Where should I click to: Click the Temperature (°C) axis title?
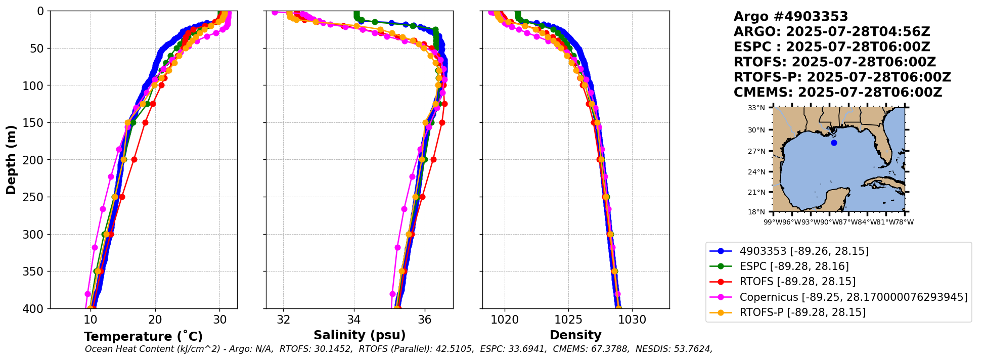click(x=143, y=337)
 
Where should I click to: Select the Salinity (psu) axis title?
click(x=360, y=335)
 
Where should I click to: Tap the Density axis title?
click(x=575, y=335)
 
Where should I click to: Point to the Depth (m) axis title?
click(x=11, y=159)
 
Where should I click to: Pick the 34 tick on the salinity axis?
click(x=354, y=320)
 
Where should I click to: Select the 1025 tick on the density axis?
click(x=568, y=320)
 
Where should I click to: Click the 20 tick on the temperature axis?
click(x=155, y=320)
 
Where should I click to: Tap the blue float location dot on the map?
click(x=834, y=143)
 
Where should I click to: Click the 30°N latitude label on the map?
click(x=756, y=130)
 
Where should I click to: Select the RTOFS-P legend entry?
click(x=802, y=312)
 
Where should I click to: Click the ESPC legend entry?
click(x=794, y=266)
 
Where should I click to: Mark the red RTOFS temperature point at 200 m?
click(x=135, y=159)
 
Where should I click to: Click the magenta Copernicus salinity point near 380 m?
click(x=392, y=294)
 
